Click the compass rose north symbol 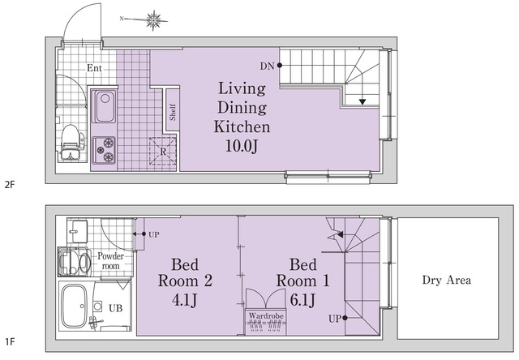click(x=153, y=20)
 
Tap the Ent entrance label click(x=94, y=68)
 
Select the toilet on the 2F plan click(x=71, y=142)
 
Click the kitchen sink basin click(x=105, y=106)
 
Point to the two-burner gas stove click(x=104, y=150)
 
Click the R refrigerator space click(x=163, y=151)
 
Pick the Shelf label click(x=173, y=112)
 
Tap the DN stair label click(x=267, y=66)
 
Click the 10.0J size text click(x=242, y=146)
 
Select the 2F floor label click(x=10, y=184)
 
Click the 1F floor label click(x=10, y=341)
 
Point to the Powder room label click(x=111, y=261)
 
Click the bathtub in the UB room click(x=75, y=306)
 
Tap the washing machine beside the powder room click(x=75, y=262)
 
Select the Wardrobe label click(x=266, y=315)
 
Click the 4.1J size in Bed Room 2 click(x=184, y=301)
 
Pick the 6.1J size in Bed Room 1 click(x=302, y=301)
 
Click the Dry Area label click(x=447, y=281)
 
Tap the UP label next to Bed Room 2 click(x=154, y=234)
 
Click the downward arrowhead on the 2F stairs click(x=362, y=102)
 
